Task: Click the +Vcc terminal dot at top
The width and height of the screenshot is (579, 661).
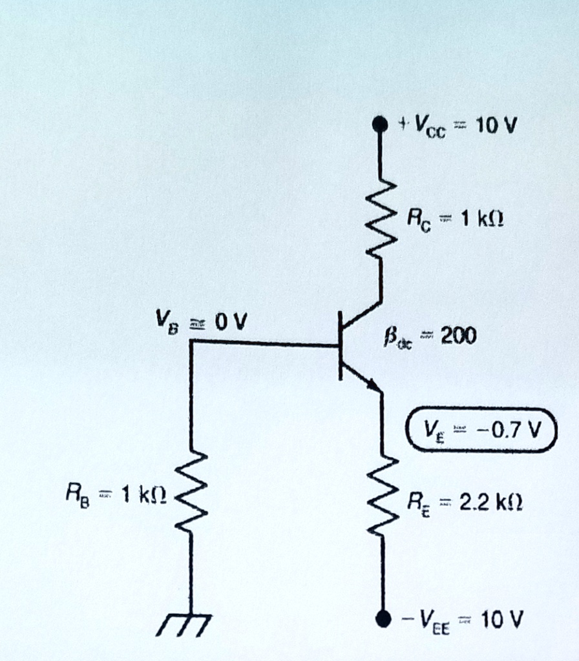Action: click(381, 123)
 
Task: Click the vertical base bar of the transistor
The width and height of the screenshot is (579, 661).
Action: click(340, 345)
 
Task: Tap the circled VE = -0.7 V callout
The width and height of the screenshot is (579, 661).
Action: click(480, 430)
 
